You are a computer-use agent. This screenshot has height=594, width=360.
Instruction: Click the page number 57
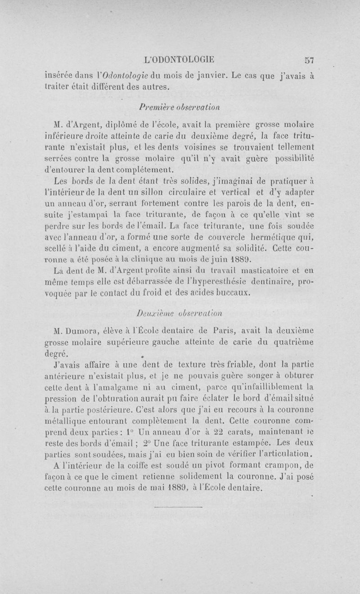(309, 59)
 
